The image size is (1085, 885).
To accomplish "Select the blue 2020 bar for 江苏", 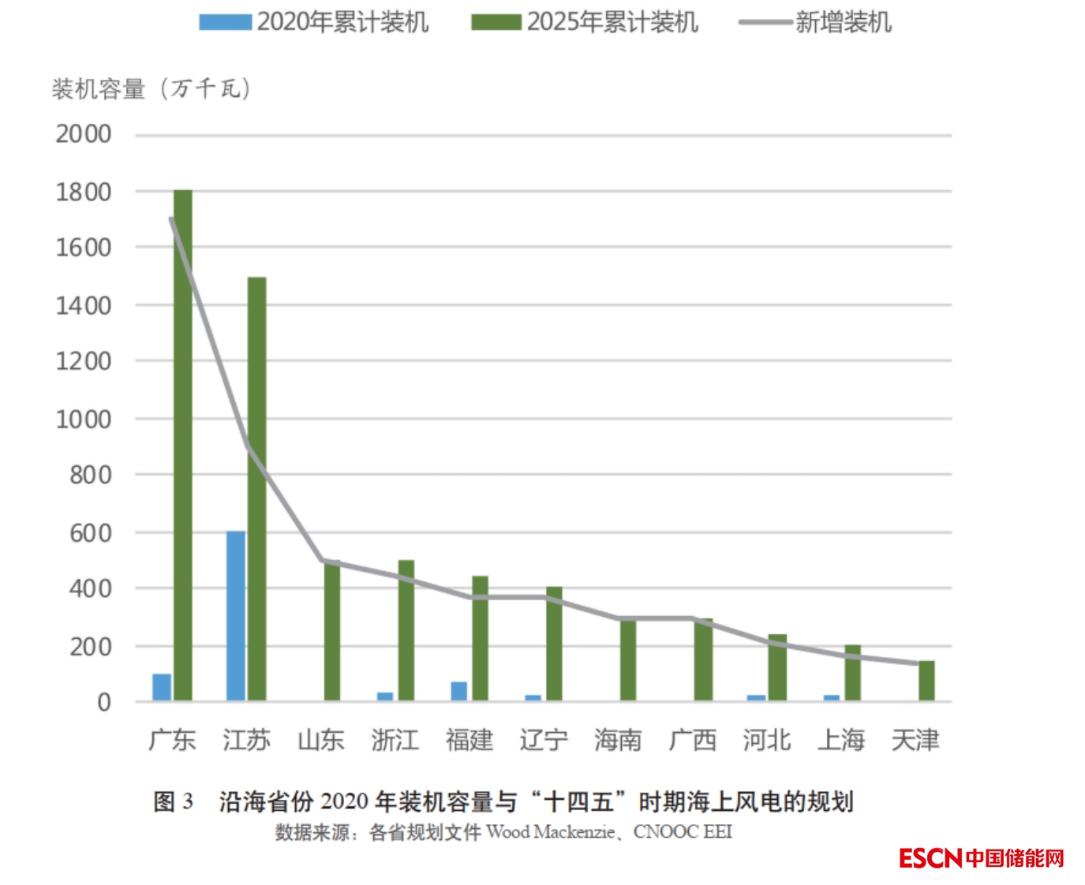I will click(x=236, y=616).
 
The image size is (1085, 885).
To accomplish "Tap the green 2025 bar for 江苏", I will click(x=256, y=489).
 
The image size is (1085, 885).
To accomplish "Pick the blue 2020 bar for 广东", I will click(x=162, y=687).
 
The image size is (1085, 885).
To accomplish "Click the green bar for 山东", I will click(x=332, y=631).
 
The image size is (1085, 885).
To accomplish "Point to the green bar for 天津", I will click(x=926, y=681).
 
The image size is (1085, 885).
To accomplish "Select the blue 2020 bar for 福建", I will click(x=458, y=691).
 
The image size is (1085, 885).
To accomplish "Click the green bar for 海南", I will click(x=628, y=660).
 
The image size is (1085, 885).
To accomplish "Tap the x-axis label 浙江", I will click(x=395, y=740).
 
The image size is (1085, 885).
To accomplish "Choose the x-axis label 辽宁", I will click(x=544, y=740).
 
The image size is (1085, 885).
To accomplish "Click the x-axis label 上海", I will click(x=841, y=740).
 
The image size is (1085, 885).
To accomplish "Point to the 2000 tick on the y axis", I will click(x=83, y=134).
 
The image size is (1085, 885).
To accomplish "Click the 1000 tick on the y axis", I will click(x=83, y=419).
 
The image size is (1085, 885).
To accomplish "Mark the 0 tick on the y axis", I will click(x=103, y=702).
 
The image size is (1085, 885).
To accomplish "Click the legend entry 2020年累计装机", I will click(x=314, y=22).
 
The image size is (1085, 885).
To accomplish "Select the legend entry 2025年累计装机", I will click(x=585, y=22).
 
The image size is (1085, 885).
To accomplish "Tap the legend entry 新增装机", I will click(x=815, y=22).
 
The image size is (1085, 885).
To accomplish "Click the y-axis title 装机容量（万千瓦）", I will click(x=152, y=88).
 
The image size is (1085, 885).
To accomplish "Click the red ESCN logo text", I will click(x=930, y=858).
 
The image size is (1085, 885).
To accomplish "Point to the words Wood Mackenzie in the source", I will click(x=550, y=831).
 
